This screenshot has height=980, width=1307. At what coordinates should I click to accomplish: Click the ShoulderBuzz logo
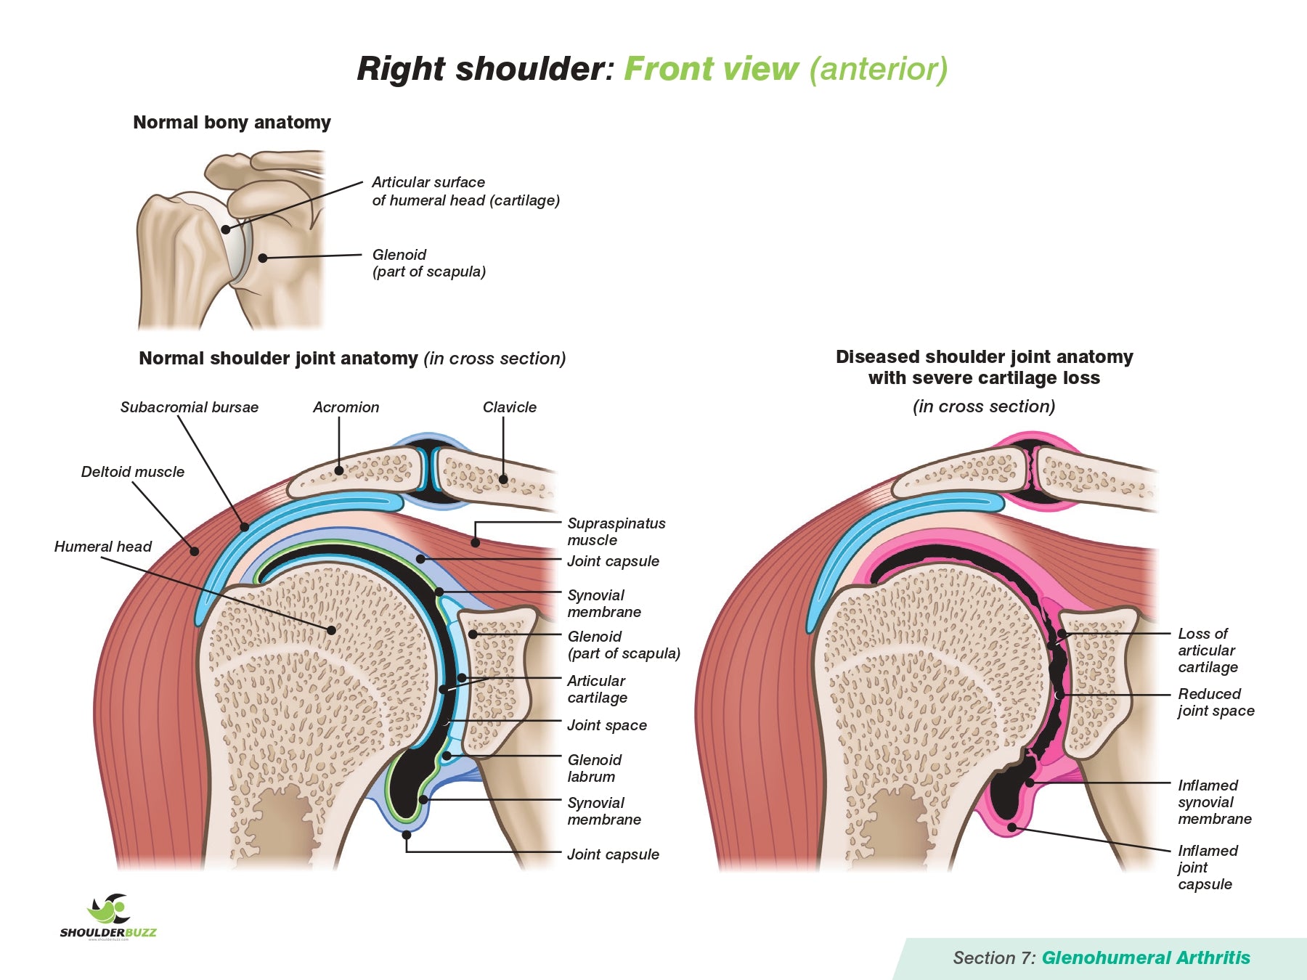click(x=108, y=916)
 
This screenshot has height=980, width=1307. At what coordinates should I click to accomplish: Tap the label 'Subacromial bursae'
click(x=189, y=407)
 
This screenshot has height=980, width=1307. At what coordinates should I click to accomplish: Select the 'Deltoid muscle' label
click(x=132, y=472)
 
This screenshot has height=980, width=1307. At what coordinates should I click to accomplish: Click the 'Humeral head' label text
click(x=102, y=547)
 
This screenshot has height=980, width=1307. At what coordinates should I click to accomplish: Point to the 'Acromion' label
click(x=346, y=407)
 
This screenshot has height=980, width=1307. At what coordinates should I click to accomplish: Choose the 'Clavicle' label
click(x=509, y=407)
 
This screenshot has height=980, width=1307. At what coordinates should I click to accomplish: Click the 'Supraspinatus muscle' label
click(x=616, y=531)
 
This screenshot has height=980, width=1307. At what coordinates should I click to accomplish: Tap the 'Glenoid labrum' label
click(x=594, y=768)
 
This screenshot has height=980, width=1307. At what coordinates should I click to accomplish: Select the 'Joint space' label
click(x=606, y=725)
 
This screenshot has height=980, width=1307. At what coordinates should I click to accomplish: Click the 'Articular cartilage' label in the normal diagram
click(x=597, y=689)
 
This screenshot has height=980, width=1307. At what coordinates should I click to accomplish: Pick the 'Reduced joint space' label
click(x=1216, y=702)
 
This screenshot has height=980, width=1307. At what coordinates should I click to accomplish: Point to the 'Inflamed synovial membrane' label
click(x=1214, y=801)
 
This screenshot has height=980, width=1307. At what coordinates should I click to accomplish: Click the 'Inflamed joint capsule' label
click(x=1207, y=867)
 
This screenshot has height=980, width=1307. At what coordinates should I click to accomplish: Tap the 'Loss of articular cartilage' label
click(x=1207, y=650)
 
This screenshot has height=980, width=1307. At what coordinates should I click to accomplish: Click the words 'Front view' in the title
click(x=711, y=69)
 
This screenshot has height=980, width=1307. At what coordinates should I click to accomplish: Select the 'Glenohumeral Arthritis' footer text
click(x=1145, y=957)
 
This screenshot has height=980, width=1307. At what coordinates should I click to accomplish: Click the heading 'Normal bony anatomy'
click(x=232, y=122)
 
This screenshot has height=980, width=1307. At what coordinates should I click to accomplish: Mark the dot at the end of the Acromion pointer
click(x=339, y=470)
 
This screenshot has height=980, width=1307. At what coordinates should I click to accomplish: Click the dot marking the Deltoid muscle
click(x=195, y=552)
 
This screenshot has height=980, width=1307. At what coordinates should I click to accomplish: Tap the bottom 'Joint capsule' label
click(x=613, y=854)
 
